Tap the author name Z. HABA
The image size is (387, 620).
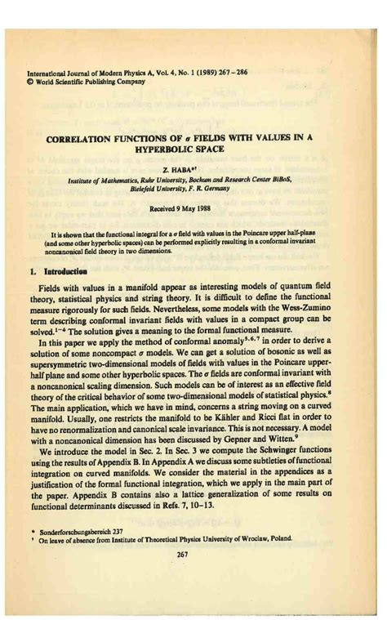pos(190,167)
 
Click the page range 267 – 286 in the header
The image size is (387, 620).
pos(229,72)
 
